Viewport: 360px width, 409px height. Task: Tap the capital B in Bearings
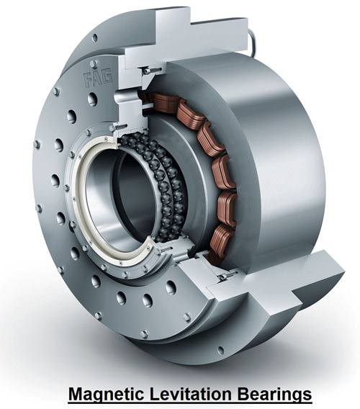pyautogui.click(x=243, y=394)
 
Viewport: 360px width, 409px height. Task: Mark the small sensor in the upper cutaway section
pyautogui.click(x=150, y=71)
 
